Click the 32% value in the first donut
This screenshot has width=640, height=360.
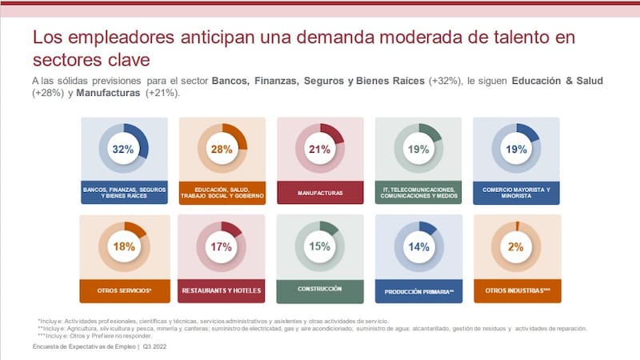123,150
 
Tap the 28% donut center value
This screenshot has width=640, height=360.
222,150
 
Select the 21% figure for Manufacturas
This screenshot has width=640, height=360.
320,150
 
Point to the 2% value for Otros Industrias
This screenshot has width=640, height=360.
517,247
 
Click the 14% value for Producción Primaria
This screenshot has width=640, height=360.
418,247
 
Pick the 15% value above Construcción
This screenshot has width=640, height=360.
320,247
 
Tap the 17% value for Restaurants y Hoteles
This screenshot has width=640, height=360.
222,247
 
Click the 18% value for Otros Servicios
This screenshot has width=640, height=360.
123,247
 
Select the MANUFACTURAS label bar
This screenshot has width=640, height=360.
320,193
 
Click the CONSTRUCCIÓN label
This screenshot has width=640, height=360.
320,289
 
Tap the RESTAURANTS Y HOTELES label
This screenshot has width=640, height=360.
222,290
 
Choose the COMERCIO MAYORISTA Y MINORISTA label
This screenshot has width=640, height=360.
517,193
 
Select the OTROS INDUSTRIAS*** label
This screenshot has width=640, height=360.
517,290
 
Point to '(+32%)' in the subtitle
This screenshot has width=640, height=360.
445,82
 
